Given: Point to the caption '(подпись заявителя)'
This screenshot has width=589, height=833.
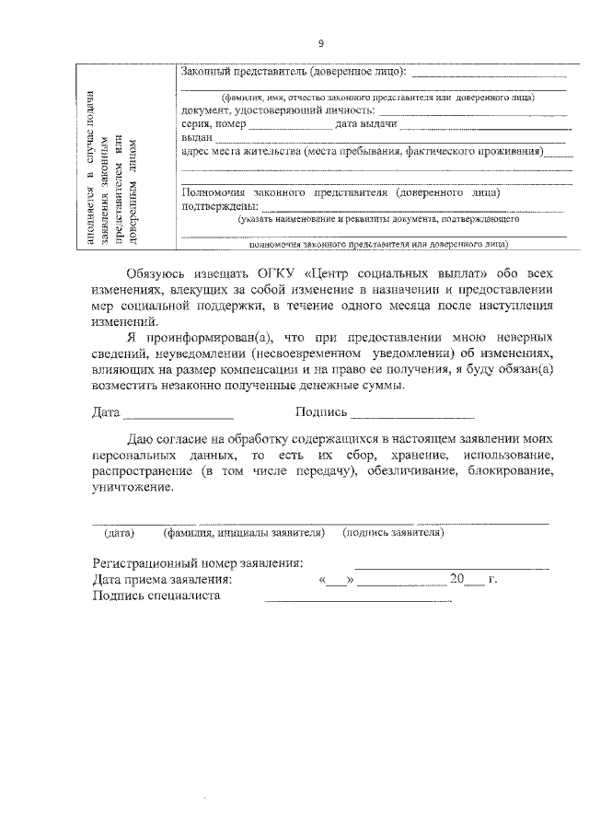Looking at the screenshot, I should (393, 533).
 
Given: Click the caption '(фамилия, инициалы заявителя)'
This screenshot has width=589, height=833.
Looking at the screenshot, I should (244, 533).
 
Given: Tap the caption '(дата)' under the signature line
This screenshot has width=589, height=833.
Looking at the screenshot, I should (120, 533).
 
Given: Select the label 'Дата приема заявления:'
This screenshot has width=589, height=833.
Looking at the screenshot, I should (163, 581).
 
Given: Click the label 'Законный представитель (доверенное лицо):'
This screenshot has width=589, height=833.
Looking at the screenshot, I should (293, 72).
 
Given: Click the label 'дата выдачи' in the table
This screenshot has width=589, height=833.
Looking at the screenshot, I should (366, 123).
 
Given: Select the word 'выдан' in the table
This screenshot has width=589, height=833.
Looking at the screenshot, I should (197, 137).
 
